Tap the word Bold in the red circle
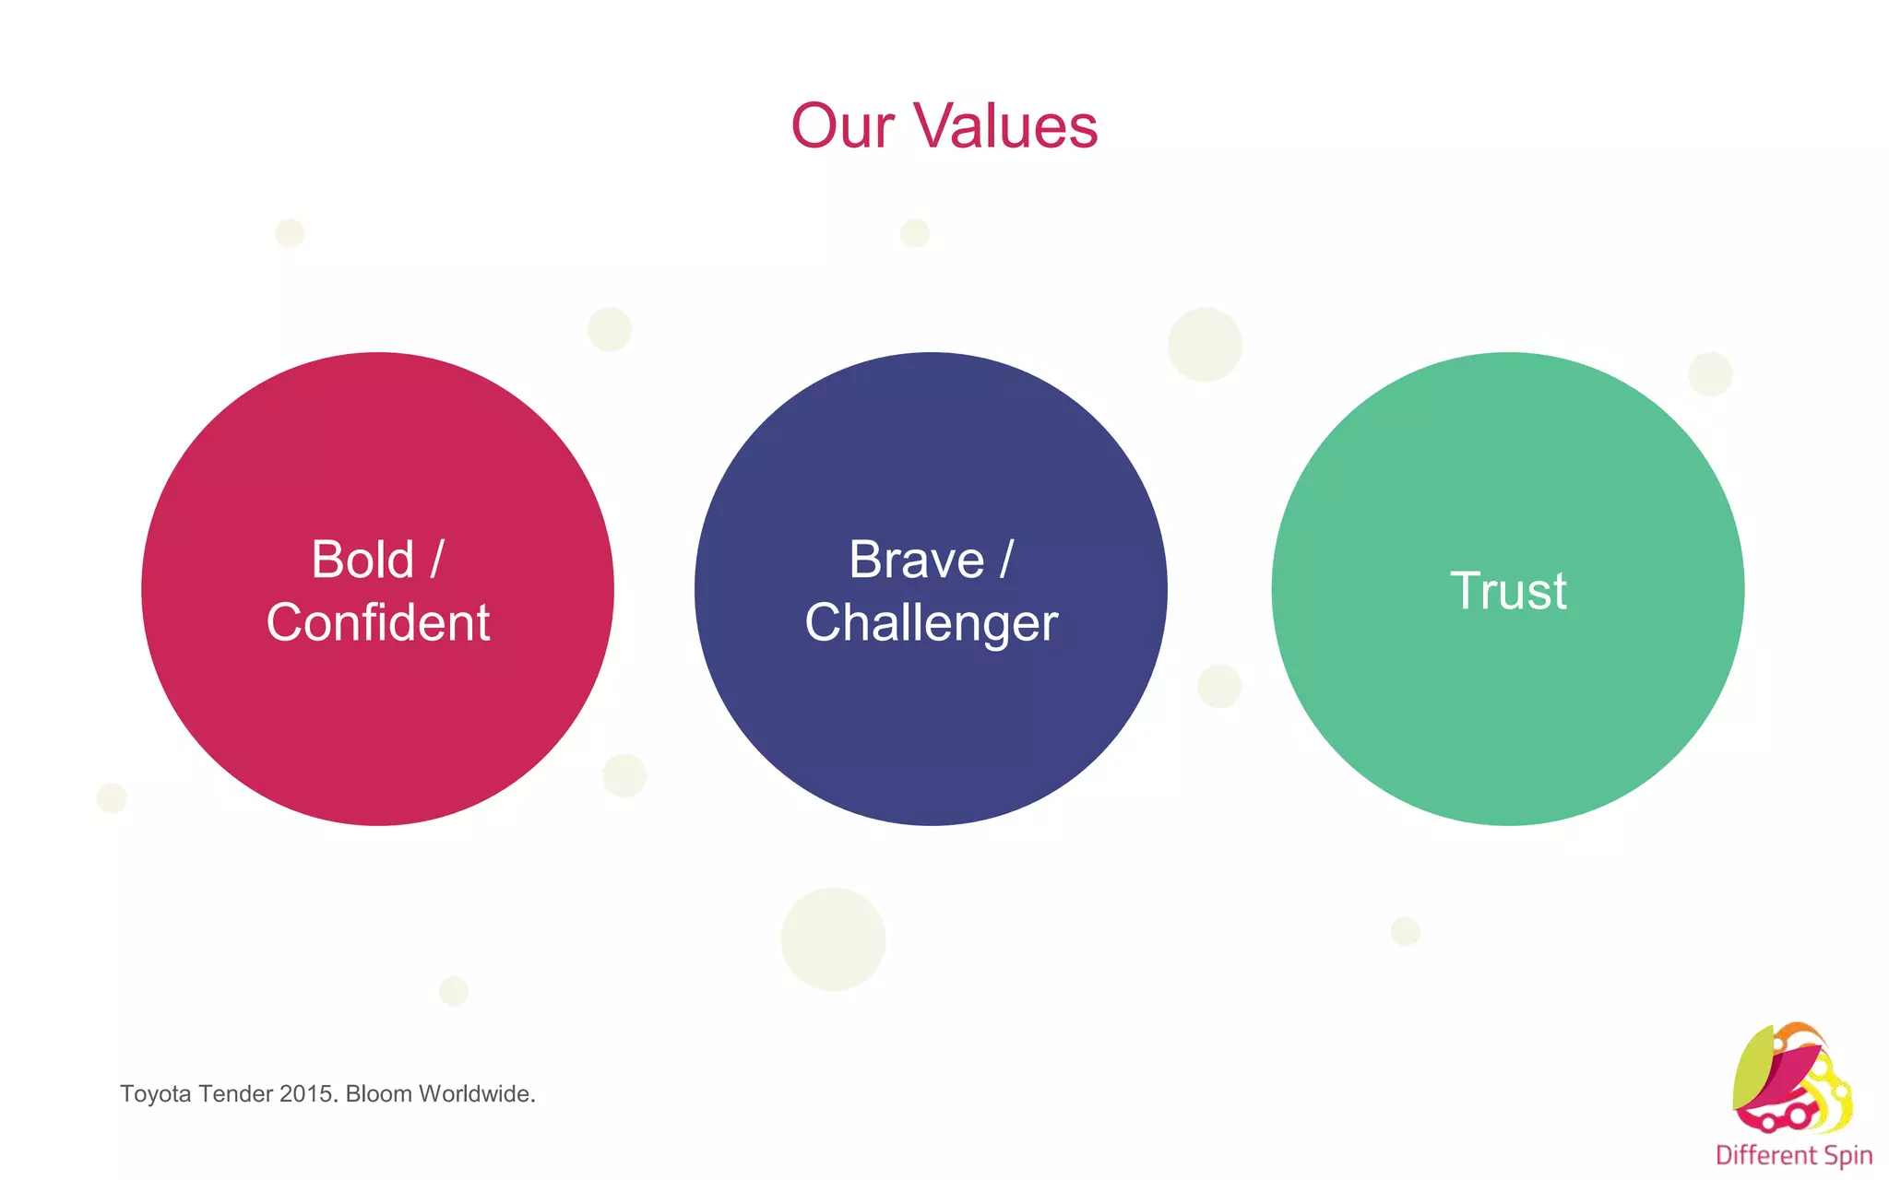pos(362,560)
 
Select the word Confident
pos(378,622)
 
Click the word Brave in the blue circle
pos(917,560)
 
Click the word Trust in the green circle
pos(1508,591)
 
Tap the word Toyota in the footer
pos(155,1094)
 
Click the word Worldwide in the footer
pos(475,1094)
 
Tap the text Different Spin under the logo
pos(1793,1155)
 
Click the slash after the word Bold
pos(437,560)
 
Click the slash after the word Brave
pos(1006,560)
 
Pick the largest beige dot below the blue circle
pos(833,939)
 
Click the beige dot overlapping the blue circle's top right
pos(1205,345)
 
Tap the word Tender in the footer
pos(237,1094)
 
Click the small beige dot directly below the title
pos(914,233)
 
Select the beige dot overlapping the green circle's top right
pos(1711,374)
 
